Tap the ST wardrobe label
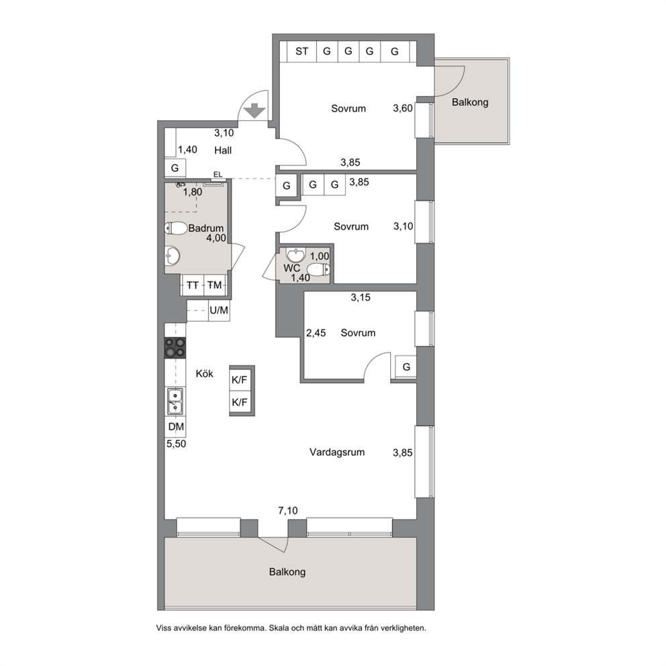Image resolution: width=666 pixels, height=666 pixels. (302, 52)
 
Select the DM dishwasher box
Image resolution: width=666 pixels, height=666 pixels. (176, 426)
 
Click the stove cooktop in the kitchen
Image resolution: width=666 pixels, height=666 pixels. (175, 347)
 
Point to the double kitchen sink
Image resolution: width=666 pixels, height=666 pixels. (175, 401)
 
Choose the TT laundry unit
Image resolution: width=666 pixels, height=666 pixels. (193, 285)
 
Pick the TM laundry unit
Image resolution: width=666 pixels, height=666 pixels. (215, 285)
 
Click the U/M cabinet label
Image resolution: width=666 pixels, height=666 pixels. (219, 310)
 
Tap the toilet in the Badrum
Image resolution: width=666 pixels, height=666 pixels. (176, 228)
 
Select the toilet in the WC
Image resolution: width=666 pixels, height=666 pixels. (318, 269)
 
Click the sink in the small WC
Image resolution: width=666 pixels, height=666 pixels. (295, 255)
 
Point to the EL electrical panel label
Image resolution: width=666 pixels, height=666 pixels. (218, 175)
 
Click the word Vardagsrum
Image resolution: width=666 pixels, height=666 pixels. (337, 452)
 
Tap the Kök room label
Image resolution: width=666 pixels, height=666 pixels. (204, 374)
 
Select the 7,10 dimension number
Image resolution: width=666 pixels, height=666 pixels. (288, 510)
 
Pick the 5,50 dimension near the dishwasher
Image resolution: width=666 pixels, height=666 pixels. (177, 444)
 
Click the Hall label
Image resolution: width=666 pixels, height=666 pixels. (223, 150)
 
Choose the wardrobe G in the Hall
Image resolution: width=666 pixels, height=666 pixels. (175, 169)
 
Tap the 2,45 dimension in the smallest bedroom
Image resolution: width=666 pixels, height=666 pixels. (316, 333)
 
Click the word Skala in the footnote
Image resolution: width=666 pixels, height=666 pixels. (281, 628)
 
